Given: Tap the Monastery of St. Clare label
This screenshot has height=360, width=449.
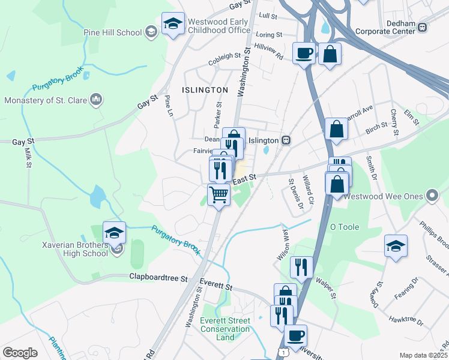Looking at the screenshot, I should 47,100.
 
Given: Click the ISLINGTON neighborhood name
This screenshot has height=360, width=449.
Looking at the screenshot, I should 207,90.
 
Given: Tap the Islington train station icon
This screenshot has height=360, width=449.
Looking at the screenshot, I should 287,140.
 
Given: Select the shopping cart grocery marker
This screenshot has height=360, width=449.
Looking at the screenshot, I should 219,194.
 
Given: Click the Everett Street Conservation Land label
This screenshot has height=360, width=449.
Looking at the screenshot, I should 225,329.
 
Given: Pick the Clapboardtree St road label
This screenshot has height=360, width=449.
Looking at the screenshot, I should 159,278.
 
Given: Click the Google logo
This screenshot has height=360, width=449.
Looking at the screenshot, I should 20,353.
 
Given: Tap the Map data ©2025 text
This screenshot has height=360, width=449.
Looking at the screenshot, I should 423,355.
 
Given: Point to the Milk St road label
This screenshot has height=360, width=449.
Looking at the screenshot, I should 28,159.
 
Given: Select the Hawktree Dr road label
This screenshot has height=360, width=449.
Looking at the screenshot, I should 406,322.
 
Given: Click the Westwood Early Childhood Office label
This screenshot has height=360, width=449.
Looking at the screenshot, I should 218,26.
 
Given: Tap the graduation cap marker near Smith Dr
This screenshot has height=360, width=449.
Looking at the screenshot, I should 396,246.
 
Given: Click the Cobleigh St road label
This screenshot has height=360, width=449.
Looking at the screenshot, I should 224,59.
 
